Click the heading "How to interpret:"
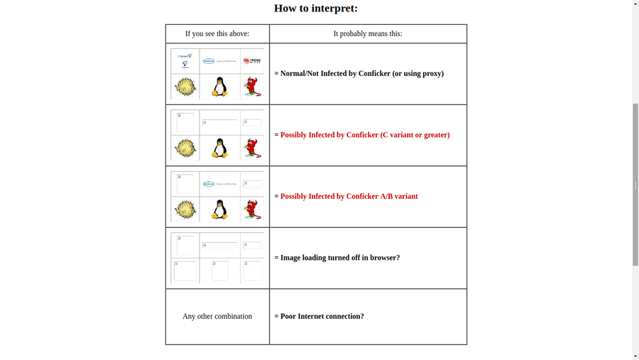[316, 9]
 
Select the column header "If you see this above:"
[217, 33]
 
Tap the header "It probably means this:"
[368, 33]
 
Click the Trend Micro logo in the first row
[251, 61]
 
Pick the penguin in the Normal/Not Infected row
[220, 87]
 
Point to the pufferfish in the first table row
[185, 87]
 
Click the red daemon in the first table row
[251, 87]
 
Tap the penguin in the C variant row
[220, 148]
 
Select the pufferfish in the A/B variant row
[185, 209]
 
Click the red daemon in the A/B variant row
[251, 209]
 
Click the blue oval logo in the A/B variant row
[209, 184]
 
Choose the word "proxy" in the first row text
[431, 73]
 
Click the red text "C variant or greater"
[415, 135]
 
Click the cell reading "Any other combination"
[217, 317]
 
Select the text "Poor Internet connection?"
[322, 317]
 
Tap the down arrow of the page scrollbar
[635, 355]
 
